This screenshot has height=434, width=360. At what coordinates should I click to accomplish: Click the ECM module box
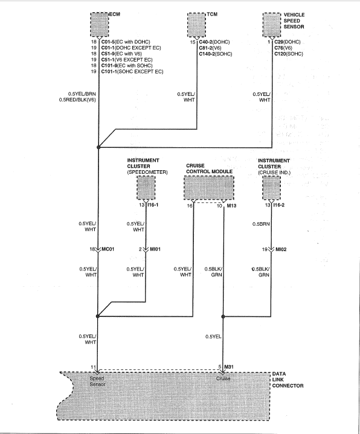click(100, 24)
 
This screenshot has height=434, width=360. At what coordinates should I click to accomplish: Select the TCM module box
click(196, 25)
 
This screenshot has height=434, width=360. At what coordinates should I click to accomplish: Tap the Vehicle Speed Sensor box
click(272, 25)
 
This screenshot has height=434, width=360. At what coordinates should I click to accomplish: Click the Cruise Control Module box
click(209, 188)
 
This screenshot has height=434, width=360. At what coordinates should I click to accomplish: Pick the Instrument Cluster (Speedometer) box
click(146, 188)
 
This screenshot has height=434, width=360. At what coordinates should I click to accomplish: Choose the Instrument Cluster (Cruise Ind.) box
click(272, 188)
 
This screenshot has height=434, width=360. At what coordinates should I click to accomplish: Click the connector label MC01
click(108, 249)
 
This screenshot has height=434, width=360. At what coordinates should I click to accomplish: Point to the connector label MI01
click(155, 249)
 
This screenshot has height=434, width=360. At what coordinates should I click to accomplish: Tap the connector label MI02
click(281, 249)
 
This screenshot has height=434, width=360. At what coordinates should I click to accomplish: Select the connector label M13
click(231, 206)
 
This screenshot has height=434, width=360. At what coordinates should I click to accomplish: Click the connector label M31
click(229, 367)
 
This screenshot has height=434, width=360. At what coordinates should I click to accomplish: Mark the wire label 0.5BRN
click(261, 224)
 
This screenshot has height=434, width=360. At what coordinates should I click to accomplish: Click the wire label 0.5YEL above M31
click(213, 337)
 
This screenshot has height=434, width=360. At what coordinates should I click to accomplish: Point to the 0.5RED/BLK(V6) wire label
click(77, 100)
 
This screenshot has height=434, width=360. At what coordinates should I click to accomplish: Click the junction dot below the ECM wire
click(98, 147)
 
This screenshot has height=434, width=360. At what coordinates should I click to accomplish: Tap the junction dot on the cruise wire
click(223, 316)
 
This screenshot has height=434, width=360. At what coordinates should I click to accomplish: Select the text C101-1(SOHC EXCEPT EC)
click(132, 71)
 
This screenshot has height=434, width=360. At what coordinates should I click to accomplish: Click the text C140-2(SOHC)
click(216, 54)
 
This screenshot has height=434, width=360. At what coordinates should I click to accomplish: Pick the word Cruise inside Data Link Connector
click(223, 378)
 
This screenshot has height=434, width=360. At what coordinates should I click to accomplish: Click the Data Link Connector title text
click(288, 380)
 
